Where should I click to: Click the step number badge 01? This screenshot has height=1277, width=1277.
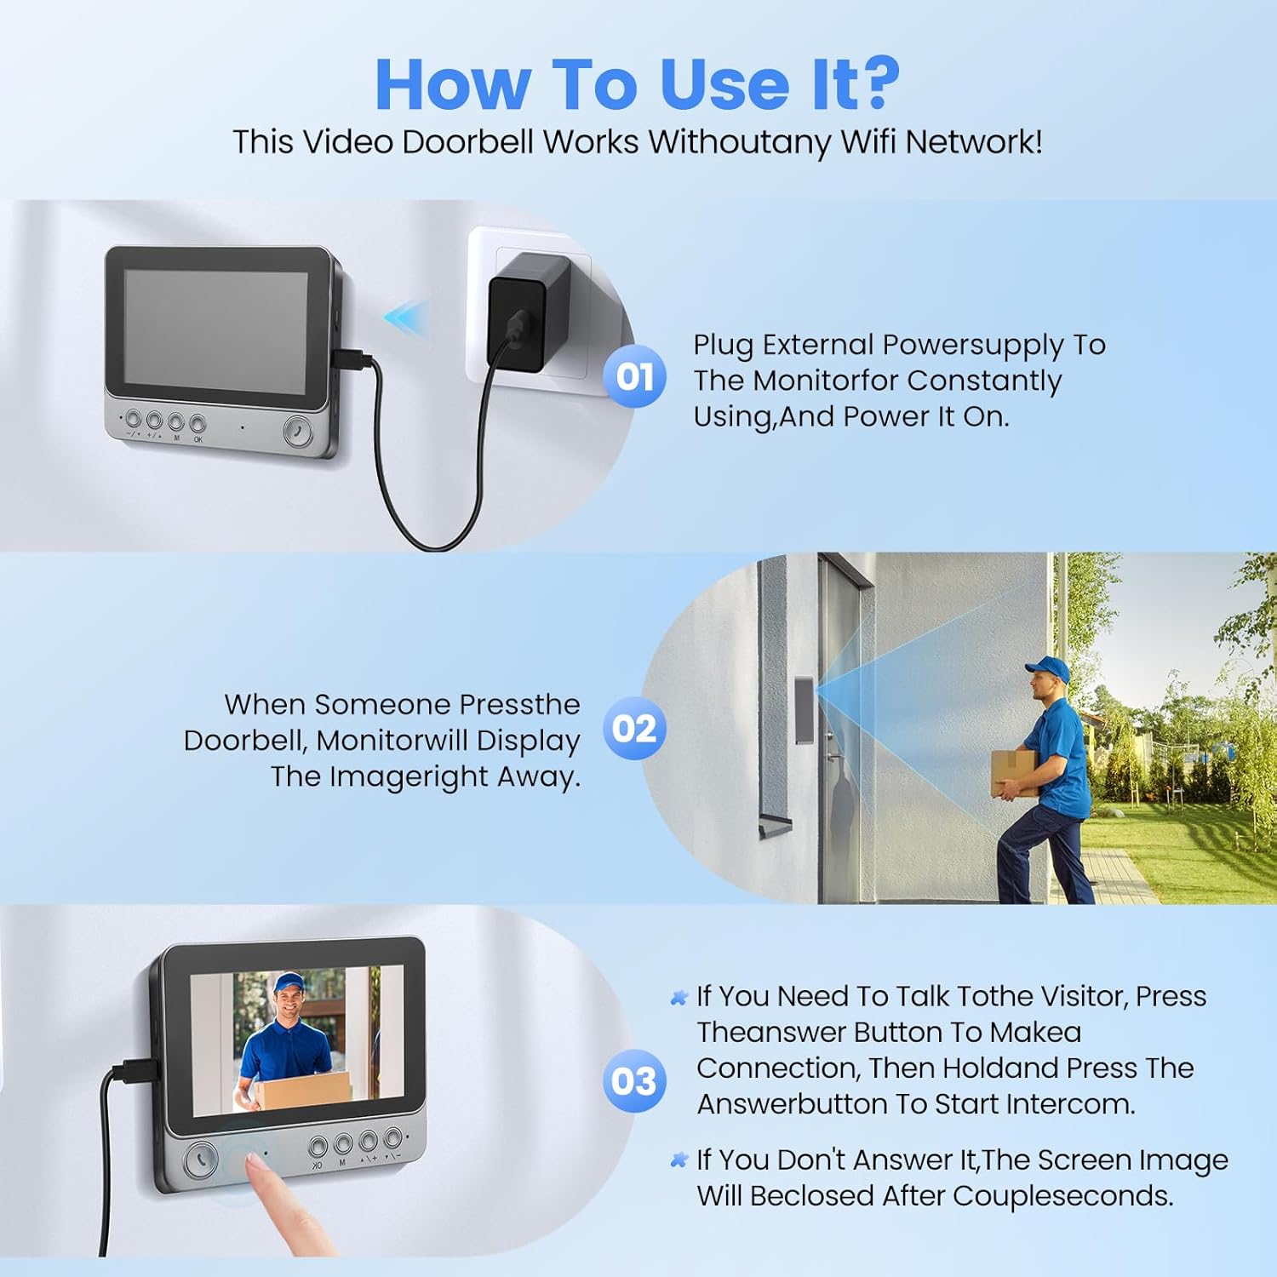point(634,376)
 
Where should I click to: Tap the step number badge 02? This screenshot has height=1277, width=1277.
point(634,729)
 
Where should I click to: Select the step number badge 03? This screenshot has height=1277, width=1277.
point(634,1081)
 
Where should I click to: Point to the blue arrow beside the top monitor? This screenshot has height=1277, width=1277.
point(406,317)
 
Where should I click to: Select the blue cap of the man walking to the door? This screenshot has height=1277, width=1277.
point(1047,668)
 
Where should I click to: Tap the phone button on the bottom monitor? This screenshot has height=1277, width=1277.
point(202,1160)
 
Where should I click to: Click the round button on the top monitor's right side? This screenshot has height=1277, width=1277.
point(297,432)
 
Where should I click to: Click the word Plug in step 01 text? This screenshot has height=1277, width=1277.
point(724,345)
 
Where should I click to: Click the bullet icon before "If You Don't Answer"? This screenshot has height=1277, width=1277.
point(679,1160)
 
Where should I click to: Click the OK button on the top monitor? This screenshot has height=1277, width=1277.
point(198,422)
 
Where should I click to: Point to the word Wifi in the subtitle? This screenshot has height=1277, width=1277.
point(869,142)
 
